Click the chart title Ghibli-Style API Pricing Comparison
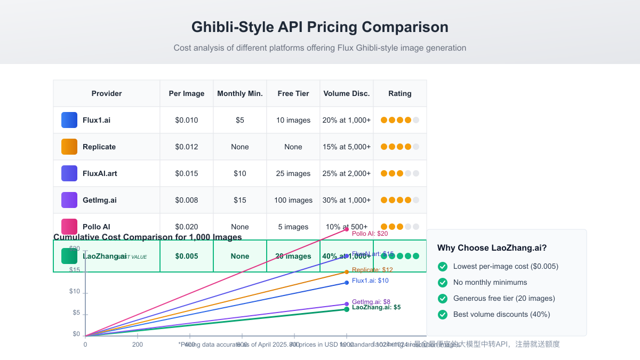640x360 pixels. [x=319, y=27]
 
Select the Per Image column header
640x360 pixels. [x=187, y=93]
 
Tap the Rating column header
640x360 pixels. [x=399, y=93]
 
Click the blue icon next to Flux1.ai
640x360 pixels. [x=69, y=120]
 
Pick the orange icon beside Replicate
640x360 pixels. [x=69, y=147]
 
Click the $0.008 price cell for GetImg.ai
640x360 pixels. [x=187, y=200]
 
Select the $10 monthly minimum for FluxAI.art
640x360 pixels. [x=240, y=173]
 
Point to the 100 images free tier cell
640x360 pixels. [x=293, y=200]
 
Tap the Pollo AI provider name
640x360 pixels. [x=97, y=227]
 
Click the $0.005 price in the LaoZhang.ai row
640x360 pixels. [x=187, y=256]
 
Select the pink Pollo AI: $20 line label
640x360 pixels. [x=370, y=234]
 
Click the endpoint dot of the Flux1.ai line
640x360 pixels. [x=347, y=283]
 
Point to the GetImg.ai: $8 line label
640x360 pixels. [x=371, y=302]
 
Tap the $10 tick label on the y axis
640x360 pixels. [x=75, y=291]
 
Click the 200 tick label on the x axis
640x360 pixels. [x=137, y=345]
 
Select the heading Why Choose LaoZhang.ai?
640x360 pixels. [x=492, y=247]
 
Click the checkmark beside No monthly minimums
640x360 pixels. [x=442, y=282]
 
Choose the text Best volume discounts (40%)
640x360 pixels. [x=501, y=314]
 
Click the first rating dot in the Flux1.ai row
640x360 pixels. [x=384, y=120]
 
